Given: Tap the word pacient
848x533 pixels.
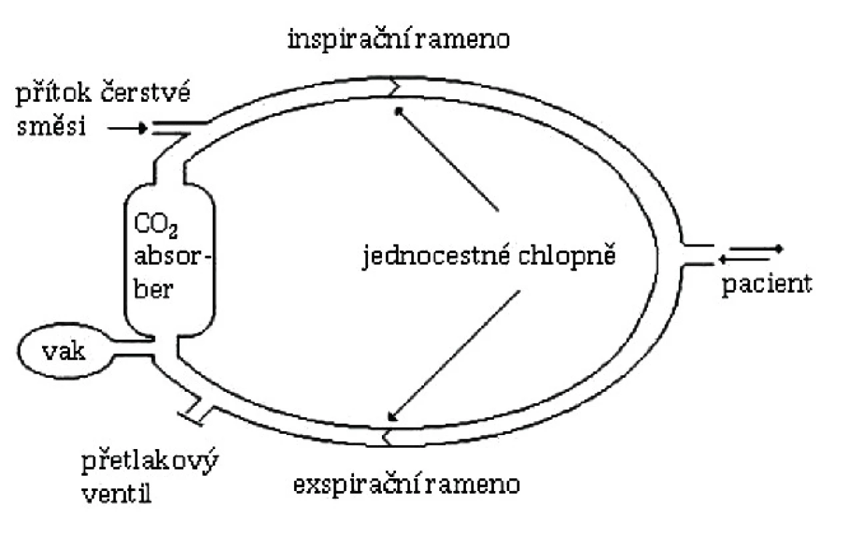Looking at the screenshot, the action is (x=767, y=286).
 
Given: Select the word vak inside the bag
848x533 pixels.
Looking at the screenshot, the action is (x=63, y=352).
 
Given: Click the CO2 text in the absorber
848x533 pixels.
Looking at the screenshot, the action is (x=156, y=227).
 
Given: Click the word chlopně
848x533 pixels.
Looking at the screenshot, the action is (x=567, y=257).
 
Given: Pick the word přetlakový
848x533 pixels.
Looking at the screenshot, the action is (x=150, y=461).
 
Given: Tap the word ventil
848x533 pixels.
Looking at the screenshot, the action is (x=117, y=494).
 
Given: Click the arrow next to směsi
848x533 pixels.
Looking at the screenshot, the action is (x=127, y=129).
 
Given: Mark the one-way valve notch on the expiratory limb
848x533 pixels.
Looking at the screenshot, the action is (x=387, y=437).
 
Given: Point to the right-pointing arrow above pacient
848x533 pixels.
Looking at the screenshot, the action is (x=756, y=249).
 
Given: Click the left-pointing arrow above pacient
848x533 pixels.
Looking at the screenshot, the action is (x=744, y=259).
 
